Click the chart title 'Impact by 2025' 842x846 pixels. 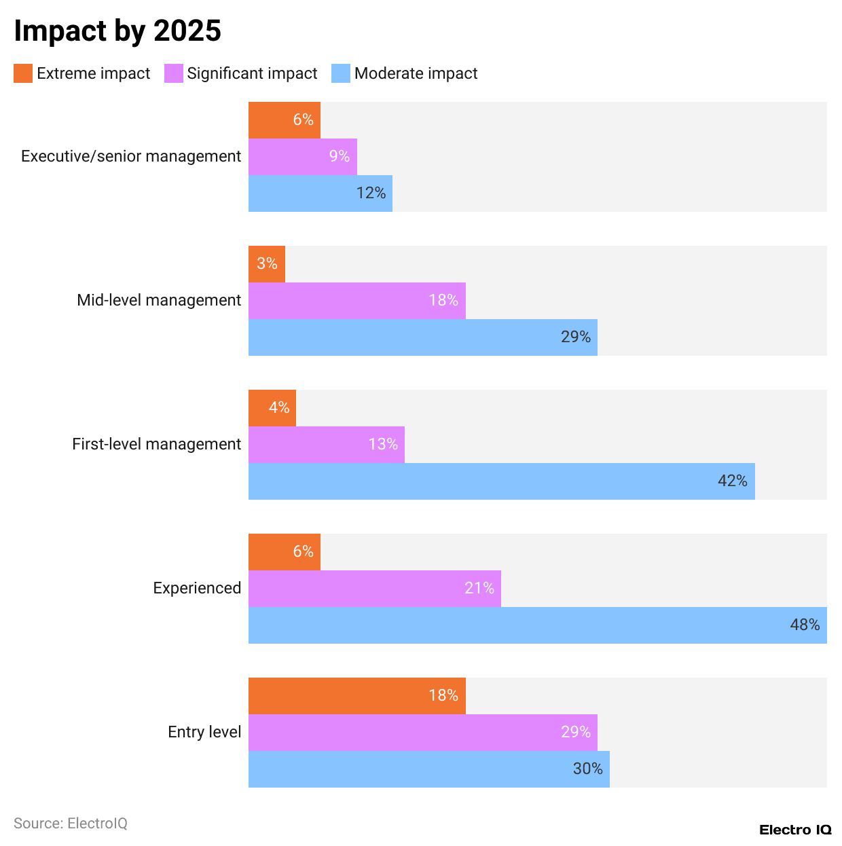tap(117, 31)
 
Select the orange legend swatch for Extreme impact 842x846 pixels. tap(23, 73)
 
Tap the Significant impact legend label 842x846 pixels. tap(252, 73)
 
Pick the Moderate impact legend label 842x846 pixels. tap(416, 73)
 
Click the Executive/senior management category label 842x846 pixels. tap(131, 156)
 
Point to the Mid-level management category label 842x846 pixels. tap(159, 300)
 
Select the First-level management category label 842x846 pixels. tap(156, 444)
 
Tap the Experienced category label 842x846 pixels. tap(197, 588)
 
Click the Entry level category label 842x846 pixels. tap(204, 732)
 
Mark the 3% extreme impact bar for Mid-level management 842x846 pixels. tap(267, 264)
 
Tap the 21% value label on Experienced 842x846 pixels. tap(479, 588)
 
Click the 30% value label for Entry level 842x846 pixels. tap(587, 769)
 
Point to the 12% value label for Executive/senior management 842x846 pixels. tap(371, 194)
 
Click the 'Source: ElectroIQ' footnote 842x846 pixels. tap(71, 824)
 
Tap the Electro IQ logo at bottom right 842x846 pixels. tap(795, 830)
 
